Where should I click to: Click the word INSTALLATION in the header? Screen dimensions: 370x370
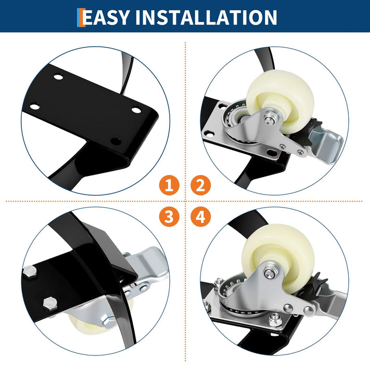pyautogui.click(x=206, y=17)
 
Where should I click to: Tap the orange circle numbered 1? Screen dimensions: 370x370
pyautogui.click(x=169, y=185)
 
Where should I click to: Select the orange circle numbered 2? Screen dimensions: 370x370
pyautogui.click(x=200, y=185)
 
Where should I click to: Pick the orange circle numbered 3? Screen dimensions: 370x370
pyautogui.click(x=169, y=216)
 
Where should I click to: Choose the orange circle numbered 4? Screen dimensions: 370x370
pyautogui.click(x=200, y=216)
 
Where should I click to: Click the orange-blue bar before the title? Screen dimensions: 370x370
pyautogui.click(x=81, y=18)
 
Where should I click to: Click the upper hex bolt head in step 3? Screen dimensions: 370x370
pyautogui.click(x=30, y=271)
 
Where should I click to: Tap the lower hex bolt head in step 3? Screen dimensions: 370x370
pyautogui.click(x=50, y=304)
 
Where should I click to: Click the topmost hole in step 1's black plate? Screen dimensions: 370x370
pyautogui.click(x=58, y=77)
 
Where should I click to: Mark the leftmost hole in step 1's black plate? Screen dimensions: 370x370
pyautogui.click(x=35, y=107)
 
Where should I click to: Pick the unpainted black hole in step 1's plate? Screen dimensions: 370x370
pyautogui.click(x=116, y=141)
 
